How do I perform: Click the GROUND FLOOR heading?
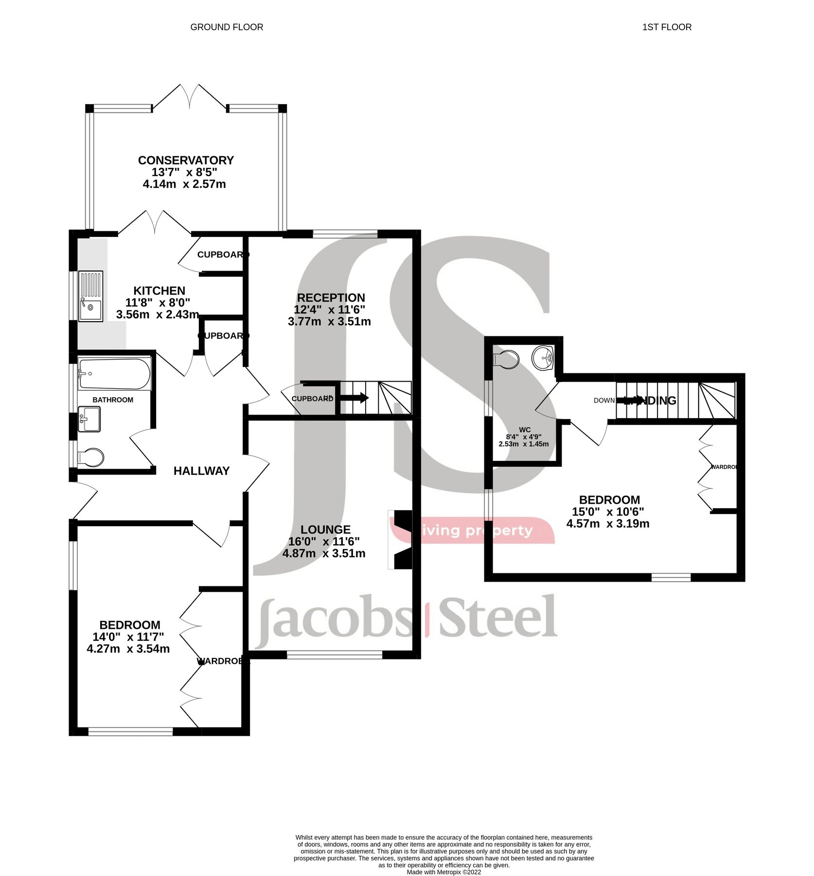[x=227, y=27]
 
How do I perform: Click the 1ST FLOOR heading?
[x=667, y=27]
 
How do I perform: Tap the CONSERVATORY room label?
[x=186, y=160]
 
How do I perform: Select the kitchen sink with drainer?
[x=91, y=296]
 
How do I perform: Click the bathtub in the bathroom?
[x=114, y=374]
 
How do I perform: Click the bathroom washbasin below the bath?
[x=89, y=419]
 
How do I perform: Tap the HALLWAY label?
[x=201, y=471]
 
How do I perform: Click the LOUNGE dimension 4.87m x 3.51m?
[x=324, y=553]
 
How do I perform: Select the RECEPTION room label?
[x=331, y=298]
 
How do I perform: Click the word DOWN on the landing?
[x=604, y=400]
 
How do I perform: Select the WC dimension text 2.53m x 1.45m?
[x=523, y=444]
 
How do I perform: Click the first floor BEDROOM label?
[x=609, y=500]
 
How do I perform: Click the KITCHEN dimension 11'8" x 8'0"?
[x=158, y=303]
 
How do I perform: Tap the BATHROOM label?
[x=113, y=400]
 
